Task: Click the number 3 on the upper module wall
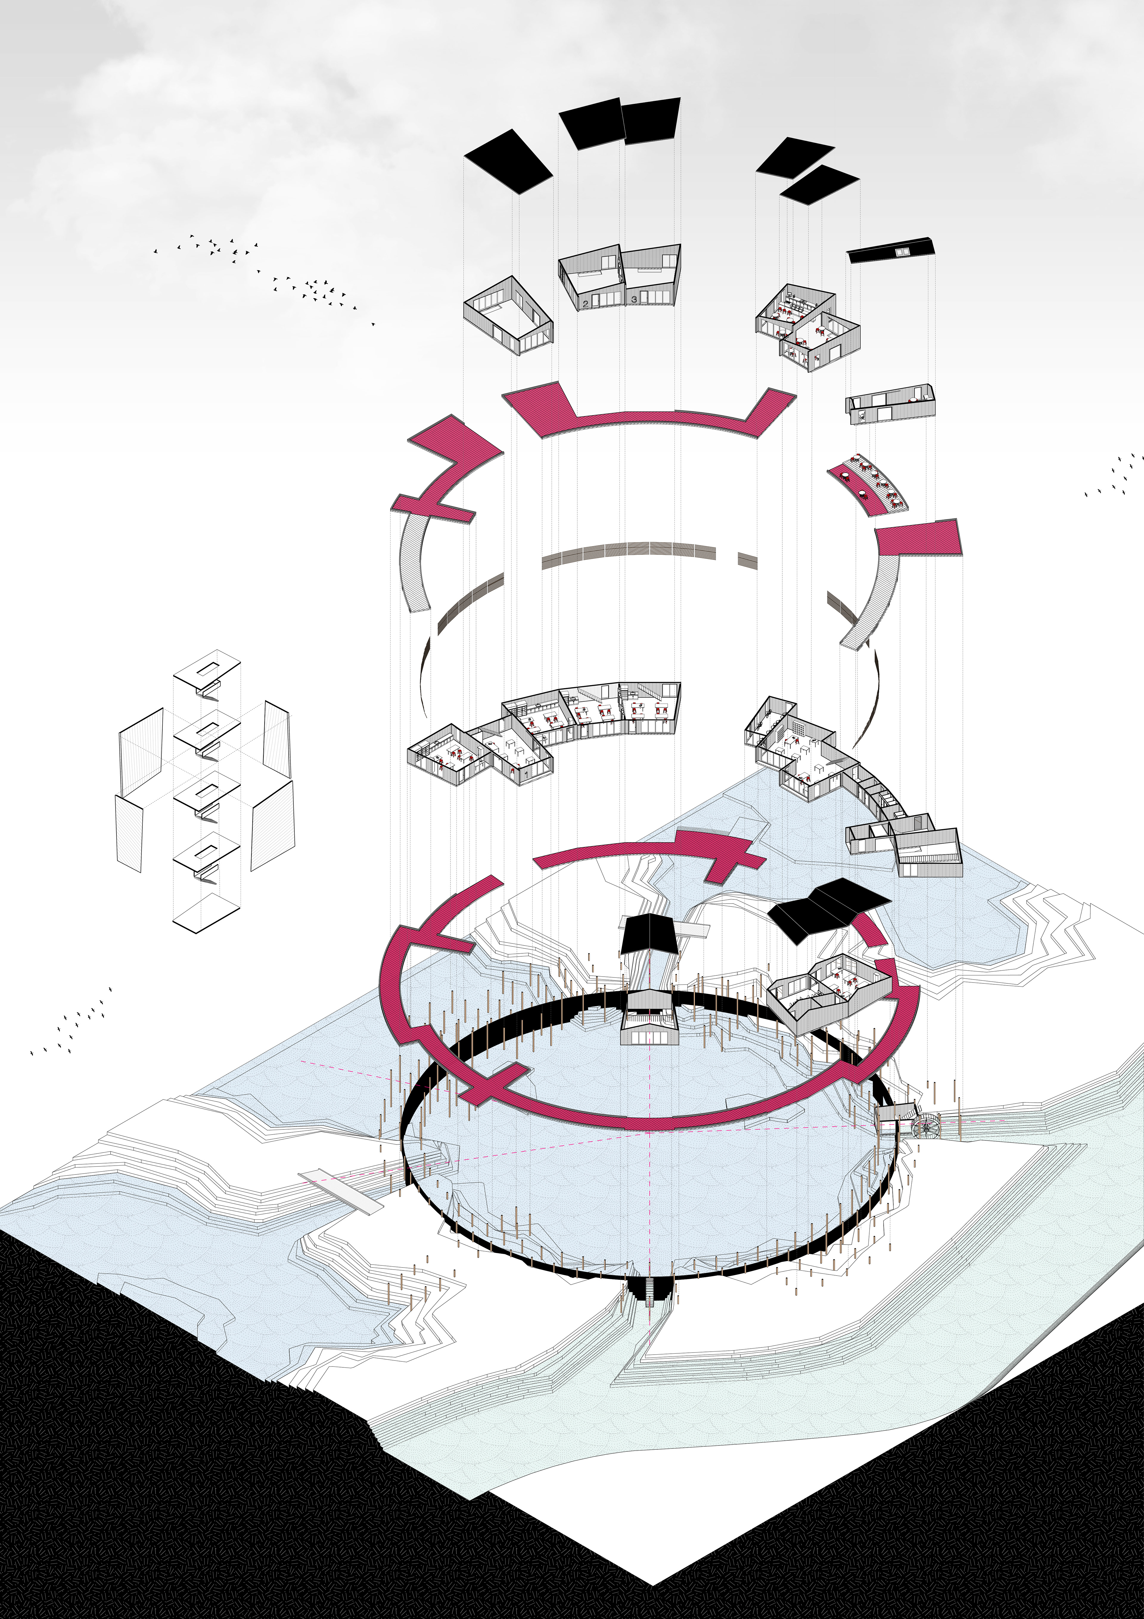pos(634,300)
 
